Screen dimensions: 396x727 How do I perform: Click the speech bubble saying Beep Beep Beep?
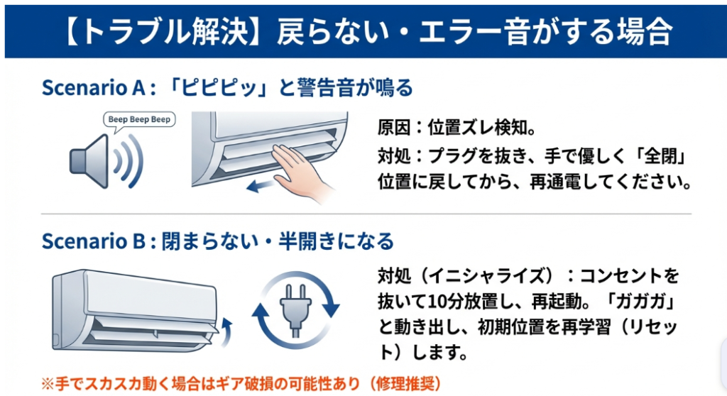[139, 119]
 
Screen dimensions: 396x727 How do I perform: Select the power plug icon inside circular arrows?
[296, 309]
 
